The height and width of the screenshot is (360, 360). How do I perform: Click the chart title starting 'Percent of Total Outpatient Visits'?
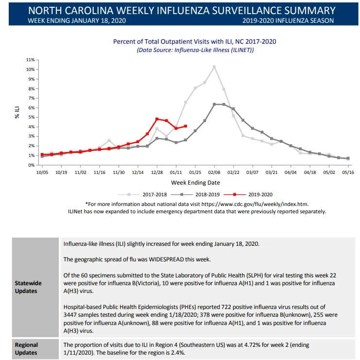(195, 42)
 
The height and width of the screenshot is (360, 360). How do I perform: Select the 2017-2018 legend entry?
(142, 194)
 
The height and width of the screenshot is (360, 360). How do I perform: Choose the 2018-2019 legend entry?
(195, 194)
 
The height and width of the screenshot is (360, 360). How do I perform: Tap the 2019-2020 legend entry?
(248, 194)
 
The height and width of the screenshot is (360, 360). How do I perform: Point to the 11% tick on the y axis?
(30, 60)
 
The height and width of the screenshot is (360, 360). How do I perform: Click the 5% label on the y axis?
(32, 117)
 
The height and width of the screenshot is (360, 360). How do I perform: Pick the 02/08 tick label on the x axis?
(214, 172)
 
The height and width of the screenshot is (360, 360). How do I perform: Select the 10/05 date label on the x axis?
(42, 172)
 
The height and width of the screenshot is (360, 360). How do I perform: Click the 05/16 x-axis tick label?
(348, 172)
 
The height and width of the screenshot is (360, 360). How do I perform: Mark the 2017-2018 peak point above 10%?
(214, 67)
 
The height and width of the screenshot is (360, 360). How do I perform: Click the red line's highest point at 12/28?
(157, 119)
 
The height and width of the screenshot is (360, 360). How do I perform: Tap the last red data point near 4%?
(186, 126)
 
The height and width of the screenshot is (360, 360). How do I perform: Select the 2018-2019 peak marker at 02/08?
(214, 104)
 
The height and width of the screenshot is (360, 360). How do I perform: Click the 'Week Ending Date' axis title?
(195, 183)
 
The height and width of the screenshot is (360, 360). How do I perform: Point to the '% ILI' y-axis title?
(17, 113)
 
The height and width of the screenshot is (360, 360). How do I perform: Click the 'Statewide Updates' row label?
(28, 287)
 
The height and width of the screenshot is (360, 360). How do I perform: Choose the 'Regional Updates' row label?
(26, 349)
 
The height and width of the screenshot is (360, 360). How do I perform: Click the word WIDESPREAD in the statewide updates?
(167, 259)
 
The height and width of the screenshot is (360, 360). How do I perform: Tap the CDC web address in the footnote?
(255, 204)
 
